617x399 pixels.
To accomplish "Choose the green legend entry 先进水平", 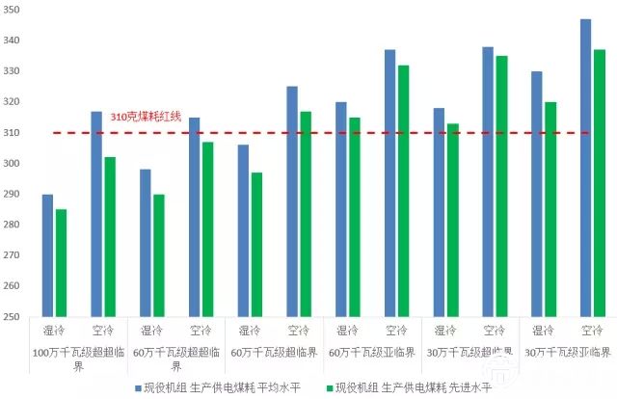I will (x=415, y=388).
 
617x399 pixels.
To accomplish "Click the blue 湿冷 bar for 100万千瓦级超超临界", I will (x=48, y=255).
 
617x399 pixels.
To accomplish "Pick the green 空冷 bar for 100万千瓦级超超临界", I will (x=110, y=236).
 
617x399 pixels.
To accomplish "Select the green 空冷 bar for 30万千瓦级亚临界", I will (x=599, y=183).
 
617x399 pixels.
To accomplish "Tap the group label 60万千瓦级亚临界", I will (x=371, y=352).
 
